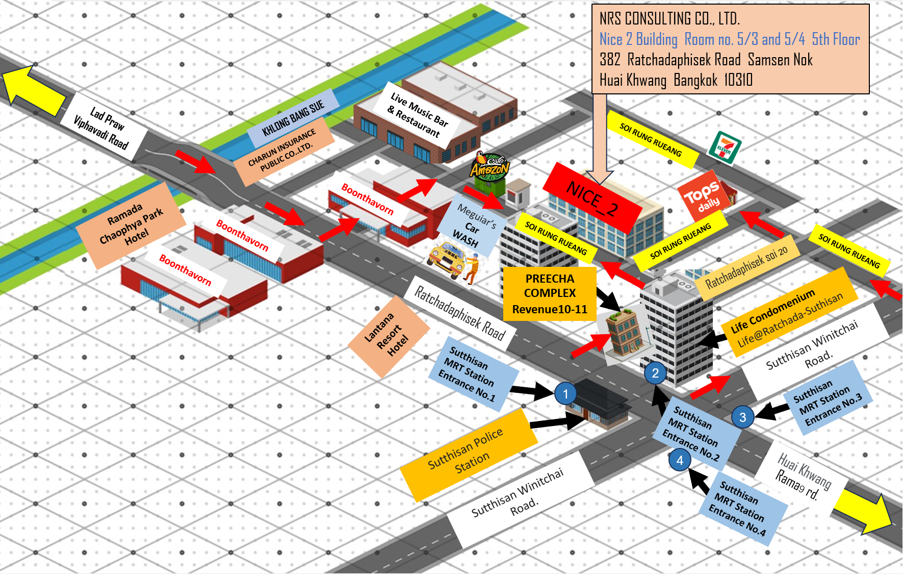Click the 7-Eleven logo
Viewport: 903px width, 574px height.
(725, 147)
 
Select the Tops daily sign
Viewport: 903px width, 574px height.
(704, 196)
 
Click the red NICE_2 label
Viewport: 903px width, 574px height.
(592, 198)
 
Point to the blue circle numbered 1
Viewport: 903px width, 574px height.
(565, 394)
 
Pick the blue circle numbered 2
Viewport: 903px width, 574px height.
(655, 373)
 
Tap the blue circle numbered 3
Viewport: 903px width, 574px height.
(742, 417)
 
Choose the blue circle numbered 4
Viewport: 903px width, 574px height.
(680, 460)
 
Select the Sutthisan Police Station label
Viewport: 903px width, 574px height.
(466, 454)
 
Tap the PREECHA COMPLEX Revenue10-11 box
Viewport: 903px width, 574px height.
(550, 294)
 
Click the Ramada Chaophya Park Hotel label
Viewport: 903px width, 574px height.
(132, 224)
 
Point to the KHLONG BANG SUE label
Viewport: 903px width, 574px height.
(293, 118)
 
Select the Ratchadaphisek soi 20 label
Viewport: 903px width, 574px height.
(746, 268)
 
